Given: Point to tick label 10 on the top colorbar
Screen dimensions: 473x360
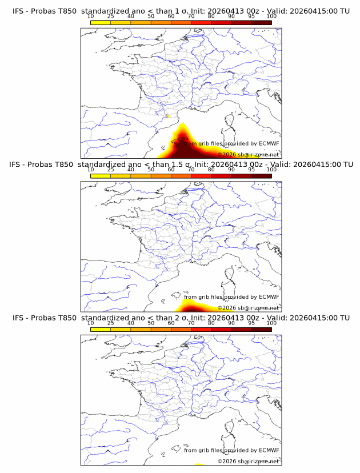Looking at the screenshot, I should pos(90,16).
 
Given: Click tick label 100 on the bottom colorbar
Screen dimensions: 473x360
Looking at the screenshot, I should pos(271,323).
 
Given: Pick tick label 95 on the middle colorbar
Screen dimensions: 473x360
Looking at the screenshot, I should pos(251,170).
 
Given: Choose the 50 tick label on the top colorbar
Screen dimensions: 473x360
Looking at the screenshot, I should pos(151,16).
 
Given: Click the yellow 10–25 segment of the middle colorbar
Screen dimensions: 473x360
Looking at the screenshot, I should pos(100,176).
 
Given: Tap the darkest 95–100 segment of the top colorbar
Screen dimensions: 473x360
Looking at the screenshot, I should pos(261,22).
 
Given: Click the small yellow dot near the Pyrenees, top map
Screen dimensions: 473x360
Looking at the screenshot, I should pos(168,117).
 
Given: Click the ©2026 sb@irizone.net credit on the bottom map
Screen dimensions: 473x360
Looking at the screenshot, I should pos(249,461).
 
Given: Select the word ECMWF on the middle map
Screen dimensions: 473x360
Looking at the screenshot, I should pos(269,297).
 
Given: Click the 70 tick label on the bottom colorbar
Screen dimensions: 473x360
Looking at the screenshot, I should pos(191,323).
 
